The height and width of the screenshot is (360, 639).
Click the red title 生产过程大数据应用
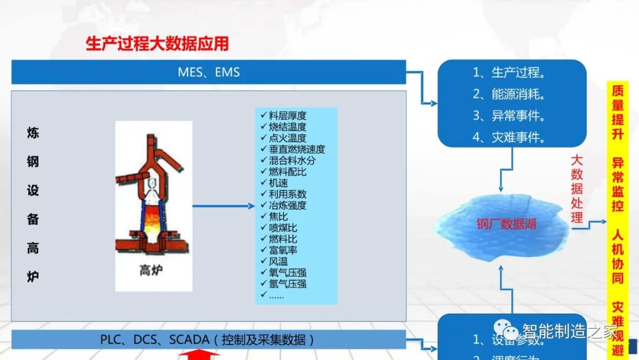(x=157, y=44)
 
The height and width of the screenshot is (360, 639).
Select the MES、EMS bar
(x=208, y=72)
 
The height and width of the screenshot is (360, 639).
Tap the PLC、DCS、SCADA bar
(x=208, y=340)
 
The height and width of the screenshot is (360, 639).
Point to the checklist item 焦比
(x=278, y=217)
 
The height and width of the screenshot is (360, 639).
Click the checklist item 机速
(x=278, y=183)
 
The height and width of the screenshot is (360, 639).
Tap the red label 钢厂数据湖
(x=506, y=224)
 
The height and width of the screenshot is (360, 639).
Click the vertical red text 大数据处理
(x=577, y=189)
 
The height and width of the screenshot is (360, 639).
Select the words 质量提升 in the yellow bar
(x=618, y=112)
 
